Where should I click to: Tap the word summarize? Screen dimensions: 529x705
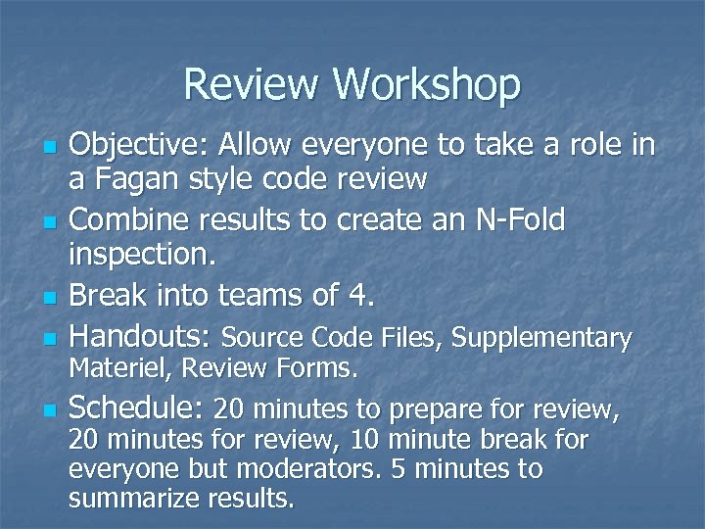[135, 500]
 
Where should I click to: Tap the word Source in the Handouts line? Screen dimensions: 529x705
[258, 339]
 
